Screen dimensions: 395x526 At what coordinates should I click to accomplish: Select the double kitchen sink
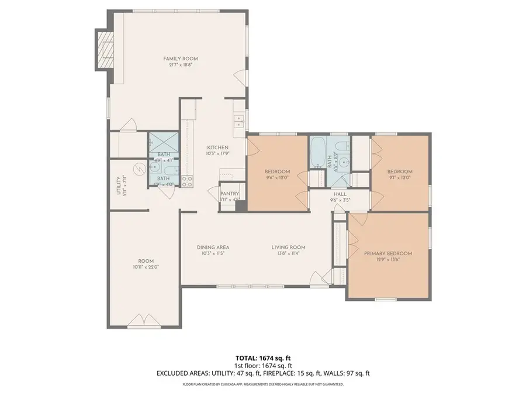click(x=239, y=121)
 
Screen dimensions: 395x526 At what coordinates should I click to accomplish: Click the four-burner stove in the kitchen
click(x=187, y=181)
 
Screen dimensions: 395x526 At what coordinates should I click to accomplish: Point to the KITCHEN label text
click(x=217, y=147)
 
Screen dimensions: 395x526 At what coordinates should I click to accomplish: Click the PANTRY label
click(x=229, y=194)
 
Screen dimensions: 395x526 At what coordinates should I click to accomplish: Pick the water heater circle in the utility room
click(x=139, y=169)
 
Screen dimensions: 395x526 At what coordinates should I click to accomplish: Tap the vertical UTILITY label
click(x=118, y=186)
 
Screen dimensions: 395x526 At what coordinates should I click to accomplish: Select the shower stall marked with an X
click(x=163, y=142)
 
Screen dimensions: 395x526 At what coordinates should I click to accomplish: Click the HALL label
click(x=340, y=194)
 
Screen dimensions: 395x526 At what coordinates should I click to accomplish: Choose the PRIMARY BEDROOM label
click(x=388, y=253)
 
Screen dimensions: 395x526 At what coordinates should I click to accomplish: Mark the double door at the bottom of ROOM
click(x=143, y=321)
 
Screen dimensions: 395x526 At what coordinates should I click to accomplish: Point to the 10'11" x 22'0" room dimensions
click(x=146, y=267)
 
